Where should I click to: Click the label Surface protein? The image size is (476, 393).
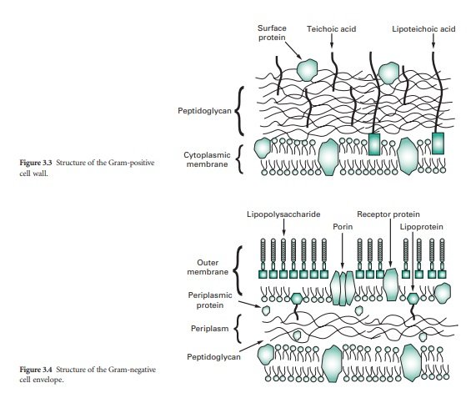pyautogui.click(x=271, y=33)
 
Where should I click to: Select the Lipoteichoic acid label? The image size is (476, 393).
pyautogui.click(x=423, y=28)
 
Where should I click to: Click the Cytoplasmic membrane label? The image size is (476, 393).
pyautogui.click(x=205, y=159)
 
